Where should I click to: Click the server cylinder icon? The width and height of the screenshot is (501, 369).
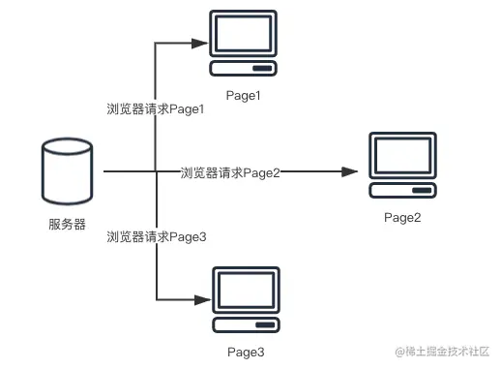click(x=68, y=174)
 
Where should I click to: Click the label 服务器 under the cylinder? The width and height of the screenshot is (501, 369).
click(x=67, y=225)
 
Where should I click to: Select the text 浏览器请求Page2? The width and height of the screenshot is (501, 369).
click(x=230, y=172)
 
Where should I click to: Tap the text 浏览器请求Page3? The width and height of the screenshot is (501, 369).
click(x=156, y=235)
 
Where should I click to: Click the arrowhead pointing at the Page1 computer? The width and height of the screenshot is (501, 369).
click(x=204, y=44)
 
